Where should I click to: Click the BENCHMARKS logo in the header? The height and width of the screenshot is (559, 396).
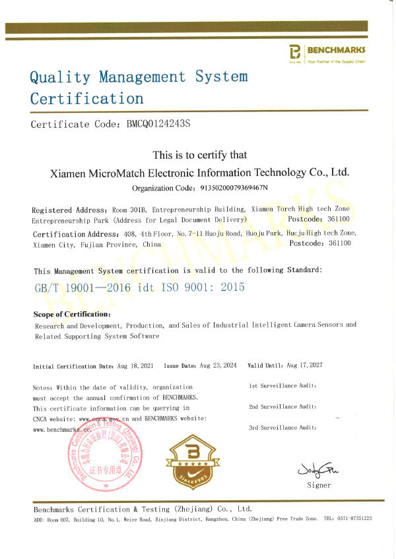point(327,53)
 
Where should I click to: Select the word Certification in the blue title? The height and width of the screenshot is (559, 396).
point(86,99)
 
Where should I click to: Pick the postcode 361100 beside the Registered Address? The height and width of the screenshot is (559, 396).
point(339,219)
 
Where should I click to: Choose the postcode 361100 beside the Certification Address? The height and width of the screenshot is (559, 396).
point(339,243)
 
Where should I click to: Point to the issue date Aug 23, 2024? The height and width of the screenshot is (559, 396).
point(219,366)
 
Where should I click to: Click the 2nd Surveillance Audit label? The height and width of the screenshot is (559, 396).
point(282,407)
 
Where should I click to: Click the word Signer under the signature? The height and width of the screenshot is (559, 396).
point(319,485)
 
